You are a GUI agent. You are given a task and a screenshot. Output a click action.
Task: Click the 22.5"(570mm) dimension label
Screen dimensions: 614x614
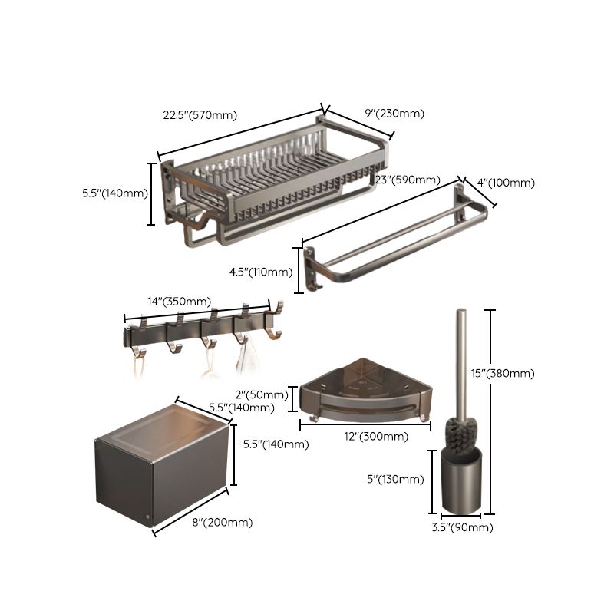click(x=200, y=116)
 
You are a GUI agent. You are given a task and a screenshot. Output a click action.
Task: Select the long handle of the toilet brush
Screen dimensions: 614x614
click(x=462, y=361)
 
